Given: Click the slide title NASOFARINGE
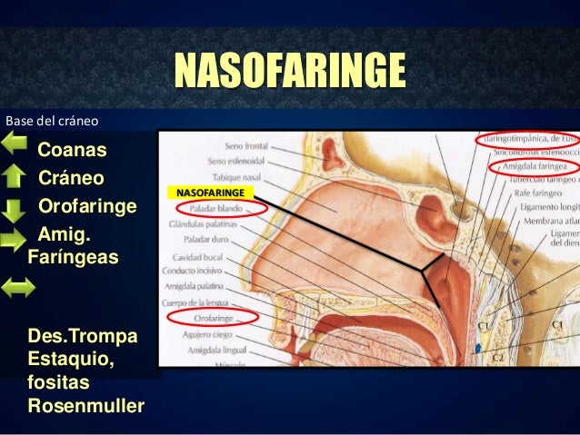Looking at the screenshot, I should [289, 71].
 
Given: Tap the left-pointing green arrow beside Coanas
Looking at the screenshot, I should [16, 143].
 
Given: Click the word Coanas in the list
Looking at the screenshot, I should [72, 149].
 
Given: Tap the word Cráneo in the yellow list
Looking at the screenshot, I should [71, 178].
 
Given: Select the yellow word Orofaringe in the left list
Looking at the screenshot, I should [87, 207].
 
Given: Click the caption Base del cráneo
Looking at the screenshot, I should [52, 119].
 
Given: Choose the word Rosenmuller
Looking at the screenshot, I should [85, 404].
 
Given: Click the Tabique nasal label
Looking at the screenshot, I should [239, 177].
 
